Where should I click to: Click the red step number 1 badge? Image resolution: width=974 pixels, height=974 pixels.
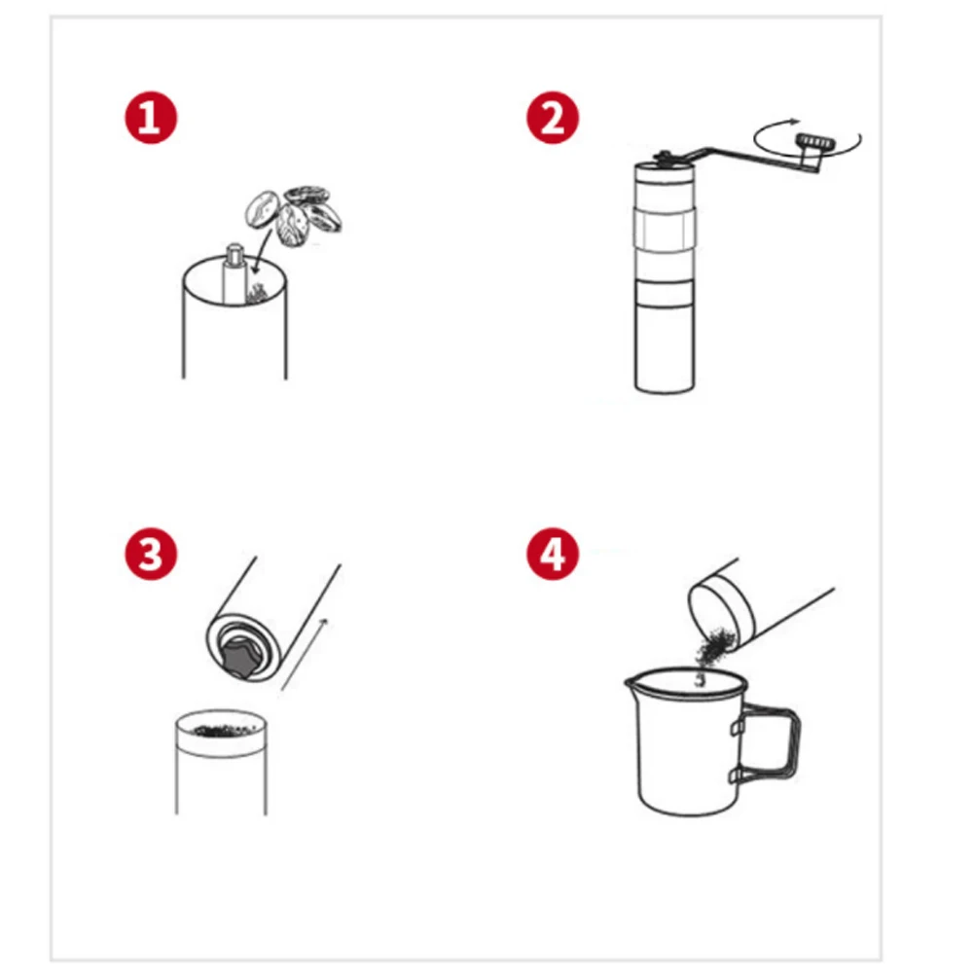151,118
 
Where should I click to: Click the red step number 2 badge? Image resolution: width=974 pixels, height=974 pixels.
553,118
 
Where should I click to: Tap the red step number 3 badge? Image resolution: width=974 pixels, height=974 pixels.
151,554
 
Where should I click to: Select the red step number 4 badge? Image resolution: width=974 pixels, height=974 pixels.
553,554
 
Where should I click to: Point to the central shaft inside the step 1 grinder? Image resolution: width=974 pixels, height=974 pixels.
234,273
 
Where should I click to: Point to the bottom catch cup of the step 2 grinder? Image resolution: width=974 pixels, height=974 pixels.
664,348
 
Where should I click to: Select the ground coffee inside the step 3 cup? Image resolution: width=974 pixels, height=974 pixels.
225,731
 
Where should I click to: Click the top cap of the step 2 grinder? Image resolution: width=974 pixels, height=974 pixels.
664,173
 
